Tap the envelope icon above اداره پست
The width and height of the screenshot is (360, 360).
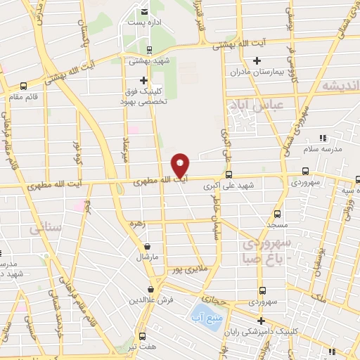pos(144,12)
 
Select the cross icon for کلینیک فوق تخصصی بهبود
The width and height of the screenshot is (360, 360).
pos(144,80)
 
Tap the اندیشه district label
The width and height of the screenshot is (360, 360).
pos(340,85)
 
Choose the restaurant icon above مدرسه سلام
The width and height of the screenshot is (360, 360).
pos(323,138)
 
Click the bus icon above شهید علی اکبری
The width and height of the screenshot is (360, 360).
pos(228,174)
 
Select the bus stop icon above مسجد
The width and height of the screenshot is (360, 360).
pos(276,213)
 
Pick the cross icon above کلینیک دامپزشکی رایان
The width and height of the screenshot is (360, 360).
pos(261,321)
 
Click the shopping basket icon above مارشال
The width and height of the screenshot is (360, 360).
pos(148,247)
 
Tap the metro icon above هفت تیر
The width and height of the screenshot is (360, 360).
pos(142,335)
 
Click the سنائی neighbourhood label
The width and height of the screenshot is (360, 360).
pos(42,228)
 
